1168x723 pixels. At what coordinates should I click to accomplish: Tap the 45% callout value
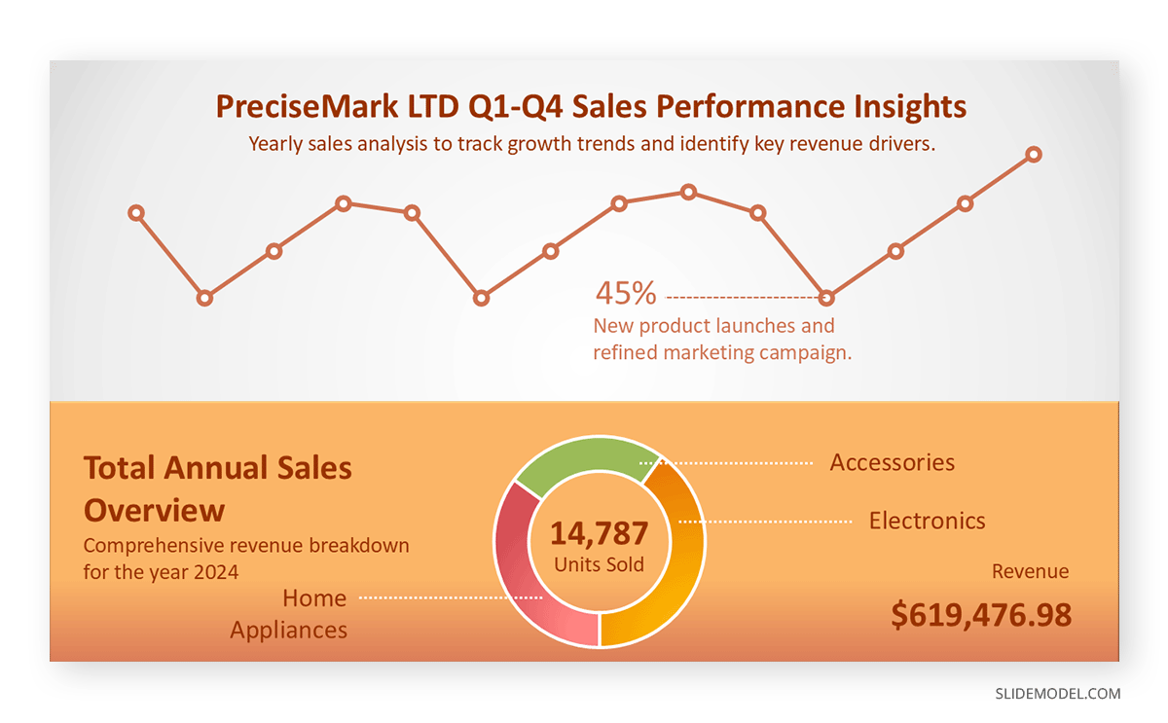625,292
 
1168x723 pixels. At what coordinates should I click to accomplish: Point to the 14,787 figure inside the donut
599,533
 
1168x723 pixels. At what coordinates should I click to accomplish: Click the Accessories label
892,462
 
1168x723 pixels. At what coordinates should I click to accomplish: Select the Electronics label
927,521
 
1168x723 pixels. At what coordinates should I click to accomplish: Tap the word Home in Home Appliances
314,597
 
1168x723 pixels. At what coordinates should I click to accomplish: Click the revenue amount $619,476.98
981,615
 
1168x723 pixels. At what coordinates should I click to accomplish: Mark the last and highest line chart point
1034,155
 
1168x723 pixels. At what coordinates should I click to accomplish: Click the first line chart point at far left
136,212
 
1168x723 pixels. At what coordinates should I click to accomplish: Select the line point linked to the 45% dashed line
826,298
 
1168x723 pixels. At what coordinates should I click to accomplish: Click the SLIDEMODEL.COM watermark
1057,694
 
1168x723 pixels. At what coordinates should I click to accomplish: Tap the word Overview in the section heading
154,510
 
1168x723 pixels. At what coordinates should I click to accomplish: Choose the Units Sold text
599,564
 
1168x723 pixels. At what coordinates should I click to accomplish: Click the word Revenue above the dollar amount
1030,571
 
